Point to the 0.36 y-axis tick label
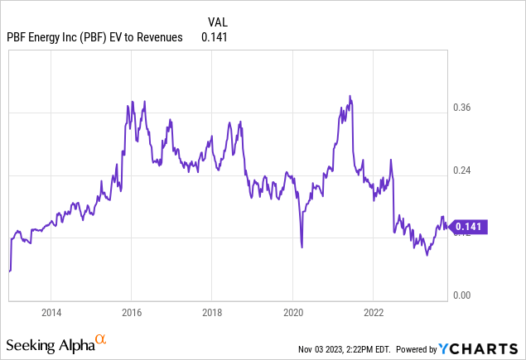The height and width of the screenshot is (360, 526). tap(462, 108)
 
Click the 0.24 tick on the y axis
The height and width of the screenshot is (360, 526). tap(462, 170)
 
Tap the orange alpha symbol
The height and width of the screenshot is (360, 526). tap(100, 339)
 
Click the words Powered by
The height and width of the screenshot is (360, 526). tap(430, 349)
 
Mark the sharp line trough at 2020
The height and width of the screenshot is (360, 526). tap(302, 247)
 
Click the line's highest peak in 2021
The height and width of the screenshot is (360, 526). tap(350, 96)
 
